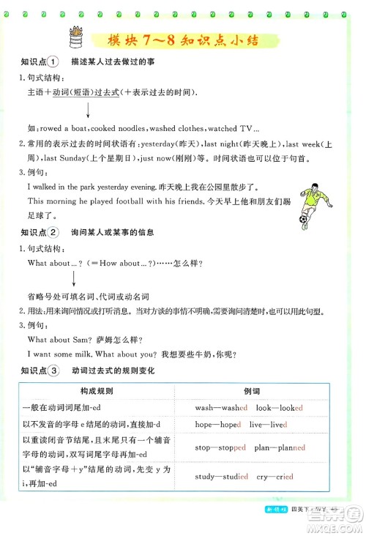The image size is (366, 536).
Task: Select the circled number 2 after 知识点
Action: pyautogui.click(x=53, y=233)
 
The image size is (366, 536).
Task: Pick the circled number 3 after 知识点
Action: pyautogui.click(x=53, y=371)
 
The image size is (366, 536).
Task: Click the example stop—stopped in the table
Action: pyautogui.click(x=222, y=446)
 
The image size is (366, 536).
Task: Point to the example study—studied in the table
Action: pyautogui.click(x=222, y=477)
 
